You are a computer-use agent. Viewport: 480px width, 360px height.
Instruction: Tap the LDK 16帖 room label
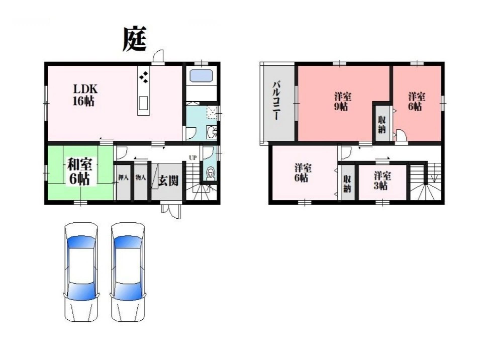coord(85,95)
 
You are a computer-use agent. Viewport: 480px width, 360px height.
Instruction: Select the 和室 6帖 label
coord(79,171)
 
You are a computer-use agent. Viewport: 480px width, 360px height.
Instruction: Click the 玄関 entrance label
coord(168,181)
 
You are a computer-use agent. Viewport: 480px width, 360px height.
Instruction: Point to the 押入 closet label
coord(123,177)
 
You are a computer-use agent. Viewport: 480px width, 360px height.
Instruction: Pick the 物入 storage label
coord(141,177)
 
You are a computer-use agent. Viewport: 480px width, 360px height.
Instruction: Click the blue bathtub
coord(201,75)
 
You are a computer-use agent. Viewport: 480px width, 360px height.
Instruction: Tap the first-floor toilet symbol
coord(210,174)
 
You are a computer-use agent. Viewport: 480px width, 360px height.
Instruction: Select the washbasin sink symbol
coord(211,132)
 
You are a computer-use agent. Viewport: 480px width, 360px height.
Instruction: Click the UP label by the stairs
coord(193,158)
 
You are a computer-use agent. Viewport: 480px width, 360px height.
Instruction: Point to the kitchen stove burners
coord(144,76)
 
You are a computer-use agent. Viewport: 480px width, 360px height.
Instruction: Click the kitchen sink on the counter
coord(143,103)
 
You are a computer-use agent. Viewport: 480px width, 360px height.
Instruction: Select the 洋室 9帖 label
coord(342,102)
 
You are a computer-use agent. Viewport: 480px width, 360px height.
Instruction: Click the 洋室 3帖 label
coord(381,181)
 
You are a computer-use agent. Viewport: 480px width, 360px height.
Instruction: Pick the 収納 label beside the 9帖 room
coord(381,124)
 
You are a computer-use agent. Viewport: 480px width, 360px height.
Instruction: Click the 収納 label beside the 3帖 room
coord(347,184)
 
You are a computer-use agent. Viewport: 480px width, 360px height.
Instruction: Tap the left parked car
coord(81,272)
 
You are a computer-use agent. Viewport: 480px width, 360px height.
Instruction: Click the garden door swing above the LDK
coord(158,57)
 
